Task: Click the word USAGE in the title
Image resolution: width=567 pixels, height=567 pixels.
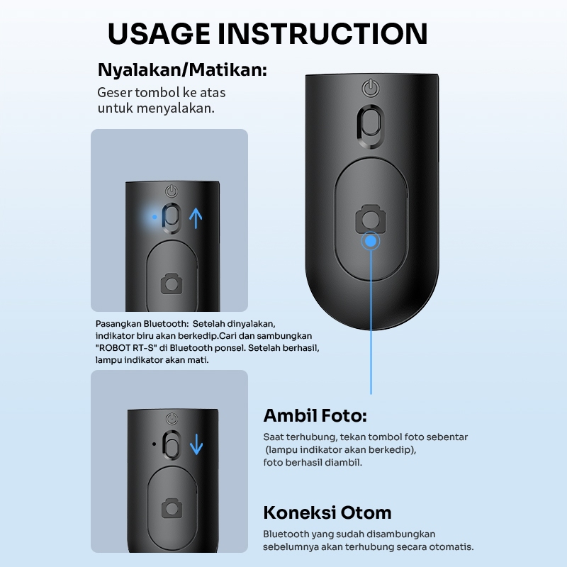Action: point(159,33)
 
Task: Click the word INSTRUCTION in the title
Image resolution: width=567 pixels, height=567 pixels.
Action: point(322,33)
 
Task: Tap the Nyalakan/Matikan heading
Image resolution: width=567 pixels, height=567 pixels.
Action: point(182,69)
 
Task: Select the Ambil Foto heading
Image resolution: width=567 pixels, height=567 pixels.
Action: point(315,415)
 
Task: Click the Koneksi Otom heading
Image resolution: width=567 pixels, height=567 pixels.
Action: point(327,512)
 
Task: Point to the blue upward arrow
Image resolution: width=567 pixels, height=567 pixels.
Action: point(196,218)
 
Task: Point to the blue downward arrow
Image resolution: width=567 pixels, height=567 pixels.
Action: point(196,444)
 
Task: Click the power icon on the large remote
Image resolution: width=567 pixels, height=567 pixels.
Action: point(371,89)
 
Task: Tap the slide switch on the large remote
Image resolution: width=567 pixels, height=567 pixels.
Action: point(371,126)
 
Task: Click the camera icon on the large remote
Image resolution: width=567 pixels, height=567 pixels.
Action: point(371,219)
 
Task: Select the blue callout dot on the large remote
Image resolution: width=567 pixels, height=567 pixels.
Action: point(371,241)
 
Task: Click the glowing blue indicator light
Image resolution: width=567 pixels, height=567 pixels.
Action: point(155,217)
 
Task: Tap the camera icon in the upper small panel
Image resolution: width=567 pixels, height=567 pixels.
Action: point(172,283)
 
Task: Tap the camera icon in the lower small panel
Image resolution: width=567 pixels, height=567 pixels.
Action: point(172,507)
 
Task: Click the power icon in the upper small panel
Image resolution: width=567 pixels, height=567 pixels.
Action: point(172,191)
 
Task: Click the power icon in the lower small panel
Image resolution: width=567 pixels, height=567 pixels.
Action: point(172,419)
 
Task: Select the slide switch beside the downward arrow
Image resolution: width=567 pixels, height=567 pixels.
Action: point(172,445)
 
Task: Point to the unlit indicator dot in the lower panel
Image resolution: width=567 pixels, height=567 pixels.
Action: point(155,444)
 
